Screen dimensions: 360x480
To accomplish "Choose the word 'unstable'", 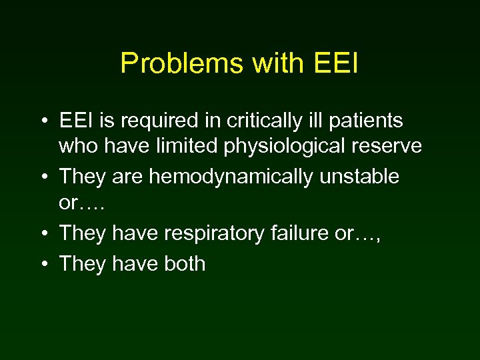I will [x=359, y=177].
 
